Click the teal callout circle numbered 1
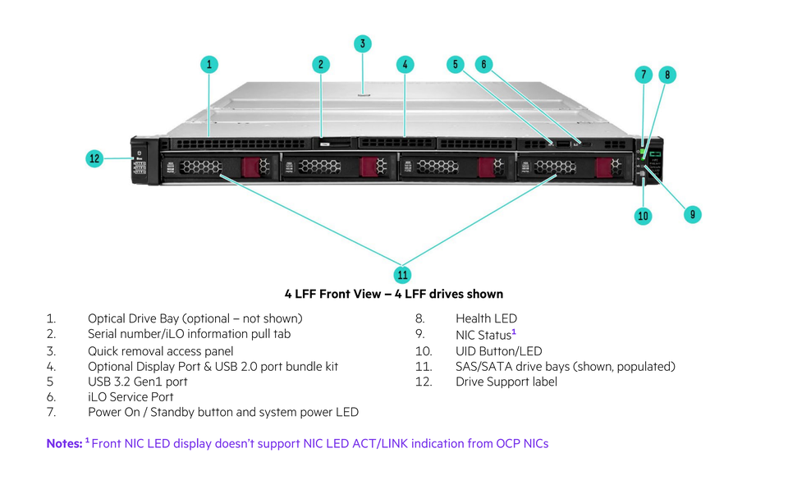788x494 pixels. (210, 64)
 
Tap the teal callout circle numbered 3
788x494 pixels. (363, 43)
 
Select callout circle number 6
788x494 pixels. (484, 64)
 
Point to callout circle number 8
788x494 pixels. (667, 75)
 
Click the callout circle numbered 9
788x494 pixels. (692, 214)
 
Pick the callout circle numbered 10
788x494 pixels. (643, 216)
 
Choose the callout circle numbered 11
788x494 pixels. (402, 274)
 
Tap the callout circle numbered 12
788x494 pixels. (95, 158)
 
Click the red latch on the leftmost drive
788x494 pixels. (250, 167)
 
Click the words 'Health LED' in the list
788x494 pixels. (486, 318)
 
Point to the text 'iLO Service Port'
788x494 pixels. (131, 396)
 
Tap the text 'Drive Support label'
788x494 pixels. (506, 382)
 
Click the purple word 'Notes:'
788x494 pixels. (63, 443)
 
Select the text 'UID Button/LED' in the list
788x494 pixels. (498, 350)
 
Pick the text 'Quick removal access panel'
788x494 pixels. (160, 350)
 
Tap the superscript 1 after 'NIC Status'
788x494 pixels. (514, 332)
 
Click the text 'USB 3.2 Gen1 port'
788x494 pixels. (137, 382)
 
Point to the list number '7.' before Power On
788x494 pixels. (51, 412)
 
